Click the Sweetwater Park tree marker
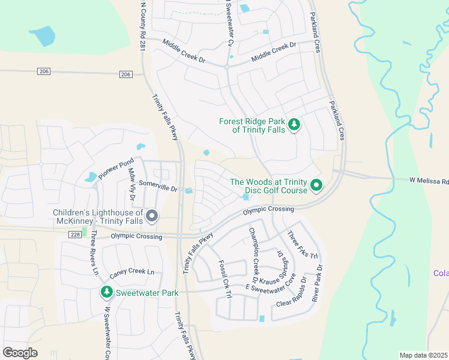click(106, 292)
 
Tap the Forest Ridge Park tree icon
click(294, 125)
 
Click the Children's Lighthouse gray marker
click(152, 216)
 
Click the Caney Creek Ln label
click(132, 274)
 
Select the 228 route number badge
click(74, 235)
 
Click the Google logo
click(20, 352)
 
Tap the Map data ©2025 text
click(423, 355)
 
